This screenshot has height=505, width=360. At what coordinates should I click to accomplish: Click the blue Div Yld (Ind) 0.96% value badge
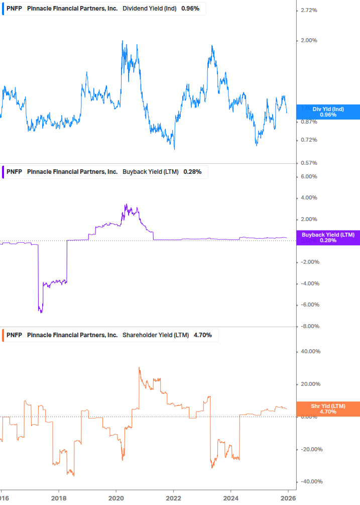point(328,112)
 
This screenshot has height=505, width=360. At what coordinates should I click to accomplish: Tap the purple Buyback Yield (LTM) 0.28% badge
point(328,238)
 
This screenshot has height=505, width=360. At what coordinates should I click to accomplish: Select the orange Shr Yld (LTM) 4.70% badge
point(328,409)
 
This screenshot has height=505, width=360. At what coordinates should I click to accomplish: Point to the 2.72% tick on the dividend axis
point(308,10)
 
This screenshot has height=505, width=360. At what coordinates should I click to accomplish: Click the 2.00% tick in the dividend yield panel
point(308,40)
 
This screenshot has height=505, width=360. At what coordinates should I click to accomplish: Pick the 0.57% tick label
point(308,163)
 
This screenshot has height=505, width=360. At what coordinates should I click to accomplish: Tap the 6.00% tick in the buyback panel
point(308,176)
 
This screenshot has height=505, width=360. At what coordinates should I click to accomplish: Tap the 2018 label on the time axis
point(59,498)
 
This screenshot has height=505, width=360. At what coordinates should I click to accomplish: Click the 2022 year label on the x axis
point(173,498)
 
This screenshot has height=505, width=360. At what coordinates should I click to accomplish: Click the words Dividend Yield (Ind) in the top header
point(149,9)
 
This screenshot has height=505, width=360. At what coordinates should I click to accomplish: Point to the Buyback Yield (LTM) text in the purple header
point(150,172)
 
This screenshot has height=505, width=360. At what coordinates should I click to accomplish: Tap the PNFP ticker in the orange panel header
point(14,335)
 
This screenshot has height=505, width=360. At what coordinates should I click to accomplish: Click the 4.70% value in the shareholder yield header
point(202,335)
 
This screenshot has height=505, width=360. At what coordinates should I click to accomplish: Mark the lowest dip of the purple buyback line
point(41,312)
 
